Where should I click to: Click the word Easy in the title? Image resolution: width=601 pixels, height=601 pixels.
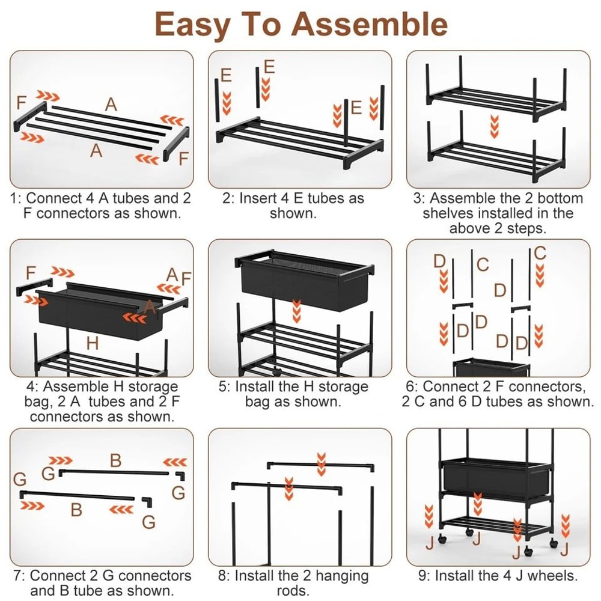tap(192, 24)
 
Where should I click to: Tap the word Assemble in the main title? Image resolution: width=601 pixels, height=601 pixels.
tap(369, 24)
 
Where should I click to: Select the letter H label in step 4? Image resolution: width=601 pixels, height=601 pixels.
tap(92, 344)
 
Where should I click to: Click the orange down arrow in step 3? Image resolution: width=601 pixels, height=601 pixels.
tap(495, 127)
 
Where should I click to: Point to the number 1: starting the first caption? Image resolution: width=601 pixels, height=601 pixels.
tap(16, 198)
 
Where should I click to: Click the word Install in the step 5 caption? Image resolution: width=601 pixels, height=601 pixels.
tap(257, 386)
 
